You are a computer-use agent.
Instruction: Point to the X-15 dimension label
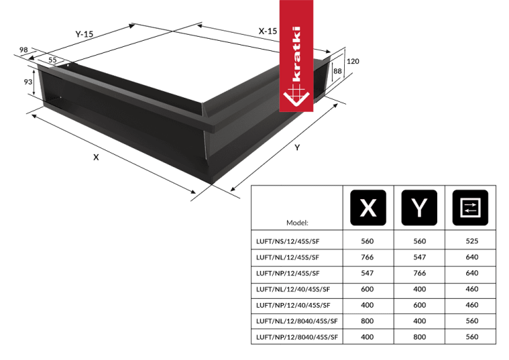(267, 31)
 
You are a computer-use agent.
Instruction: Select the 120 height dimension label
(353, 62)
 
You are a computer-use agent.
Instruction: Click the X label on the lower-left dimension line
(96, 157)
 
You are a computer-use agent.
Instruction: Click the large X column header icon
(368, 207)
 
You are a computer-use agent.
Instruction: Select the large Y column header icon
(420, 207)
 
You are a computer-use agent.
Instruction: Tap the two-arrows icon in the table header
(469, 207)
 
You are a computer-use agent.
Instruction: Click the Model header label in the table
(297, 222)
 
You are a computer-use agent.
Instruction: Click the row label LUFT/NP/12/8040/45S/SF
(297, 336)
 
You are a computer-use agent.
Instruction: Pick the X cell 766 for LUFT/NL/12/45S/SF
(368, 257)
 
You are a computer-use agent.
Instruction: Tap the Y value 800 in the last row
(420, 336)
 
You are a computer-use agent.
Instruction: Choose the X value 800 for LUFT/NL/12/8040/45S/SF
(368, 320)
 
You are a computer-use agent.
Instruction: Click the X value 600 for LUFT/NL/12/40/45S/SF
(368, 288)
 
